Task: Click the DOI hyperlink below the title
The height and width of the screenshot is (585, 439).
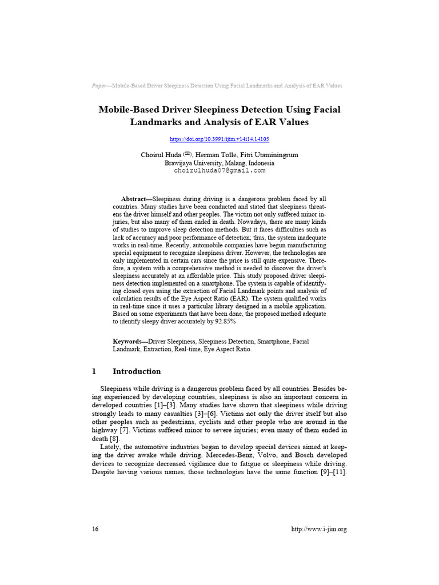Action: (219, 139)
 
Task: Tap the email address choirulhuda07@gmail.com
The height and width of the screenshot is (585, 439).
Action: (219, 170)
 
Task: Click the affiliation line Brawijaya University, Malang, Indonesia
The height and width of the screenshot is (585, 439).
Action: (219, 163)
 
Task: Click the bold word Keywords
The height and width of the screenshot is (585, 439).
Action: (129, 342)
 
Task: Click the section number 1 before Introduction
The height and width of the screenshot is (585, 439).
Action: (94, 371)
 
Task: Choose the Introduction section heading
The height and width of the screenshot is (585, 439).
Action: (137, 371)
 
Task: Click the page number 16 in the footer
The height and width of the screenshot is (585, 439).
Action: (95, 529)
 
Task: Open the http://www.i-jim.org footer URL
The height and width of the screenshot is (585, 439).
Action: (319, 529)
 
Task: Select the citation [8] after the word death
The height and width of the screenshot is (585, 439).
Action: (114, 438)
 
